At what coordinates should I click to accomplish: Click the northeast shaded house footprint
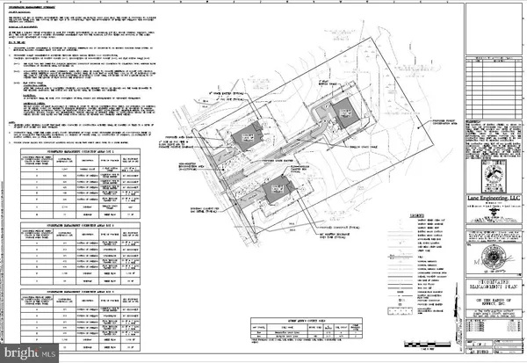[343, 112]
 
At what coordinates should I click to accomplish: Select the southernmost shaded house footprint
[275, 189]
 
